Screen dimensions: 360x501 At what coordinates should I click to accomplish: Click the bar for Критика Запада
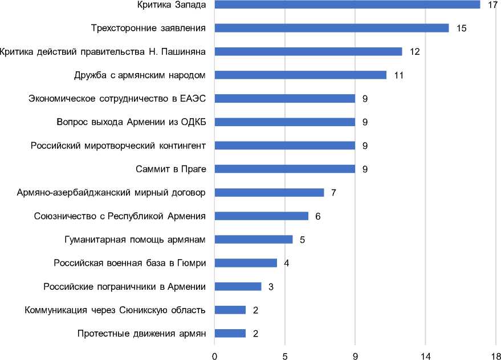pos(347,5)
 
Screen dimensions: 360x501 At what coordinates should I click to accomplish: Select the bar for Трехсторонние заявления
pos(332,28)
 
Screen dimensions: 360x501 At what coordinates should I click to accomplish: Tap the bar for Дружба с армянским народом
pos(300,75)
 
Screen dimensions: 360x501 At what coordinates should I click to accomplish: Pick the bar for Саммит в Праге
pos(284,169)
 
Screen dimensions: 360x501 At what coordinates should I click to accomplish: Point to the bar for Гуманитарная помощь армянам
pos(254,239)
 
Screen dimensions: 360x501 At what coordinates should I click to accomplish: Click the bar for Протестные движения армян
pos(230,333)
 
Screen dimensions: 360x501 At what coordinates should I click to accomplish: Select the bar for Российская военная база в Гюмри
pos(246,263)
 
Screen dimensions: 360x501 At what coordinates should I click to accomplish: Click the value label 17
pos(493,5)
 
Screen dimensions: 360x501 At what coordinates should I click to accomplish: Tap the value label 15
pos(462,28)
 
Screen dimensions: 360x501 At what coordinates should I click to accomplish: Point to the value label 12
pos(415,51)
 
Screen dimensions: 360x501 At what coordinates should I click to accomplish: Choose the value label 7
pos(333,192)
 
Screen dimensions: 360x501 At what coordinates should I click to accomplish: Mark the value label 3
pos(271,286)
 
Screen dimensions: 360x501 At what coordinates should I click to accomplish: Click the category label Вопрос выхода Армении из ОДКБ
pos(131,122)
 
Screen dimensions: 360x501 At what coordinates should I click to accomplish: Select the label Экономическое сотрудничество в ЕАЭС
pos(117,99)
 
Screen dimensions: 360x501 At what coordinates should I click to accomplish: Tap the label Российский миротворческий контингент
pos(119,145)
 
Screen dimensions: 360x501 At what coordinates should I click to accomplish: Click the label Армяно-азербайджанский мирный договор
pos(112,192)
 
